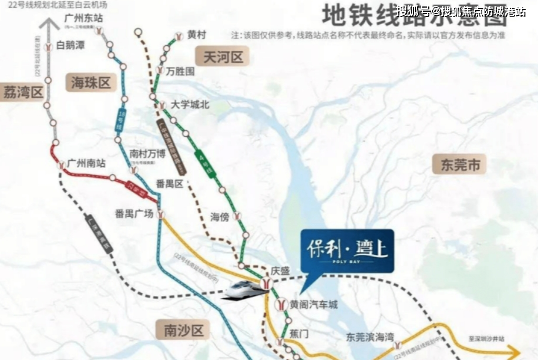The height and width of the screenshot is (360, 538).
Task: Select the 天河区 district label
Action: pos(223,58)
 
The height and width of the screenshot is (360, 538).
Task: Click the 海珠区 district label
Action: pos(91,83)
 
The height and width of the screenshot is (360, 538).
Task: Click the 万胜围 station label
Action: pos(180,72)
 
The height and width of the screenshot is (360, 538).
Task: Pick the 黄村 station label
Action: pos(197,35)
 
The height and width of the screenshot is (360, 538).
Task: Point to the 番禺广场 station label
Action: pos(134,213)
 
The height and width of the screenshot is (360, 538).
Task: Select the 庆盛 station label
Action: pos(281,271)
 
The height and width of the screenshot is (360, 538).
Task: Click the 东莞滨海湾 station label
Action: pos(369,338)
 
